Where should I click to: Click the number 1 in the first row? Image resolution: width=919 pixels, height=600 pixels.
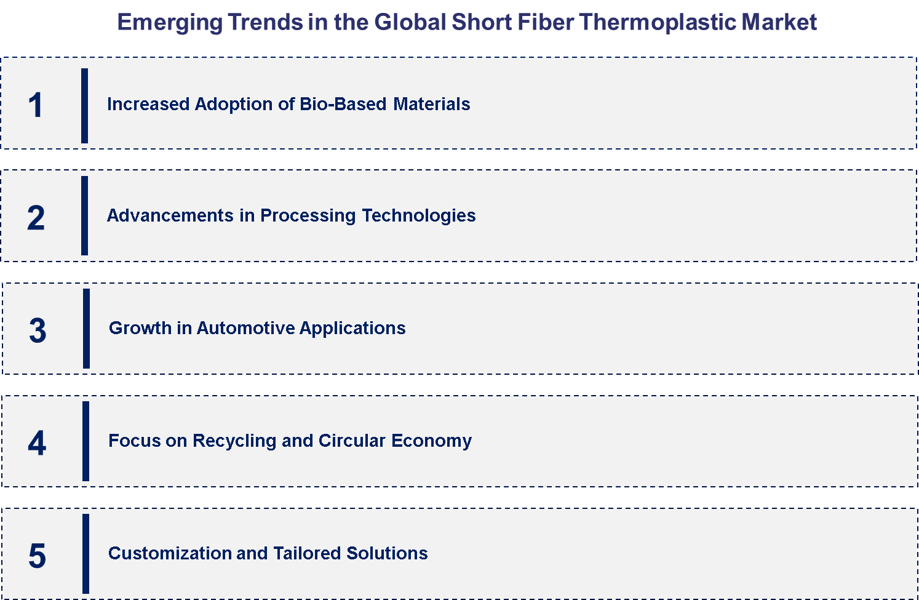36,105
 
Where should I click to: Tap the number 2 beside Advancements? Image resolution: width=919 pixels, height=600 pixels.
36,217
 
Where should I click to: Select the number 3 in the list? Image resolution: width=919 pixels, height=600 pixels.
38,330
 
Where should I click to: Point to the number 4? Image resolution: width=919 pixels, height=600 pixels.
37,443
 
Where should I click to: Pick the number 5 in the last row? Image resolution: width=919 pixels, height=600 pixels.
37,556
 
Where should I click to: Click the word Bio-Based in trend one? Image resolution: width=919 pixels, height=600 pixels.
343,104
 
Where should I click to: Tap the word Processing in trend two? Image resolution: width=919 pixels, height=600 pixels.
308,216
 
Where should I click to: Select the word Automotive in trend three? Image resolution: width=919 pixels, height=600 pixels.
245,329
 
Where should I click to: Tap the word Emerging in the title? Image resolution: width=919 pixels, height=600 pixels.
170,23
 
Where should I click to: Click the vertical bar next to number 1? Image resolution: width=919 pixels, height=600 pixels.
84,106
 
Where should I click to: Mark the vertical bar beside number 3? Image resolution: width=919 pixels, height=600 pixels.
86,329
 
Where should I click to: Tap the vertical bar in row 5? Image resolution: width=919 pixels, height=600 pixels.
86,554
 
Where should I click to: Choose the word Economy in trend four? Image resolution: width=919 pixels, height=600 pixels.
432,441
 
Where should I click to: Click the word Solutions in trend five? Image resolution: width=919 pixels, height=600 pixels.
387,553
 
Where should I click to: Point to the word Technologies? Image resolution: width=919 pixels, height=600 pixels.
419,216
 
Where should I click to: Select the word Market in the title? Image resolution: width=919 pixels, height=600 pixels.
779,22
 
